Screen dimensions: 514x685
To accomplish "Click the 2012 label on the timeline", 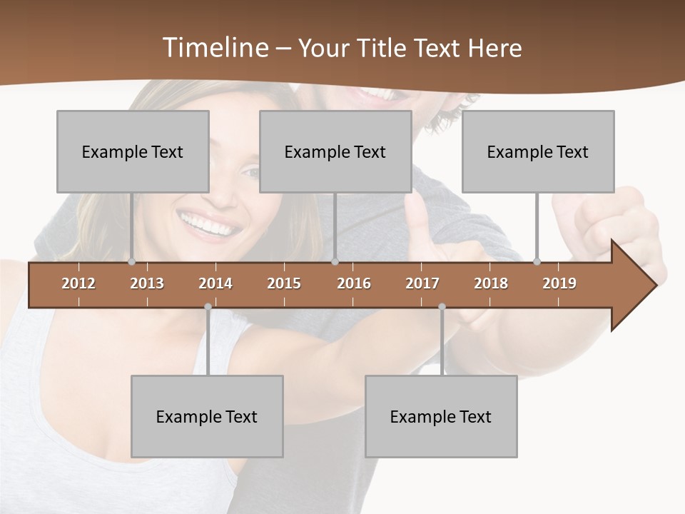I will coord(78,283).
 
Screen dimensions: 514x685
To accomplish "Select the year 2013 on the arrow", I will coord(147,283).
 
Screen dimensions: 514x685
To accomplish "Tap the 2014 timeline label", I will coord(215,283).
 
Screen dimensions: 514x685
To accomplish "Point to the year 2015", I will coord(284,283).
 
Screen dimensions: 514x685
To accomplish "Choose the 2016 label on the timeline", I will coord(354,283).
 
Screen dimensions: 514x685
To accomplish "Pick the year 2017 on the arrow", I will coord(422,283).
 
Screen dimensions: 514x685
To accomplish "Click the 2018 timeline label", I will coord(491,283).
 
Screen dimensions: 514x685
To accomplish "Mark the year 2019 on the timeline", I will coord(559,283).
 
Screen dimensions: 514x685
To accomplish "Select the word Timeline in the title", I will coord(214,48).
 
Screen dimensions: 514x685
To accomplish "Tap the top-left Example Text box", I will coord(133,151).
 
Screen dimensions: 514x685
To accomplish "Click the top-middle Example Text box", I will coord(335,151).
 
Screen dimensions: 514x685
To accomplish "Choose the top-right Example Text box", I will coord(538,151).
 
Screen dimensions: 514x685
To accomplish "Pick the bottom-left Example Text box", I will coord(207,416).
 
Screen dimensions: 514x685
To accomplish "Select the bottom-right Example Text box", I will coord(441,416).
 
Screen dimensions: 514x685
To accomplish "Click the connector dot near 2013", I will coord(131,262).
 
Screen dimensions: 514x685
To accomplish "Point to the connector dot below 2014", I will coord(208,307).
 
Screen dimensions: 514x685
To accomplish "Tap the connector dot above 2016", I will coord(335,262).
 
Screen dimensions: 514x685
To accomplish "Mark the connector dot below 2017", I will coord(442,307).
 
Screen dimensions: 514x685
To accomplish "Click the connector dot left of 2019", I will coord(537,262).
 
